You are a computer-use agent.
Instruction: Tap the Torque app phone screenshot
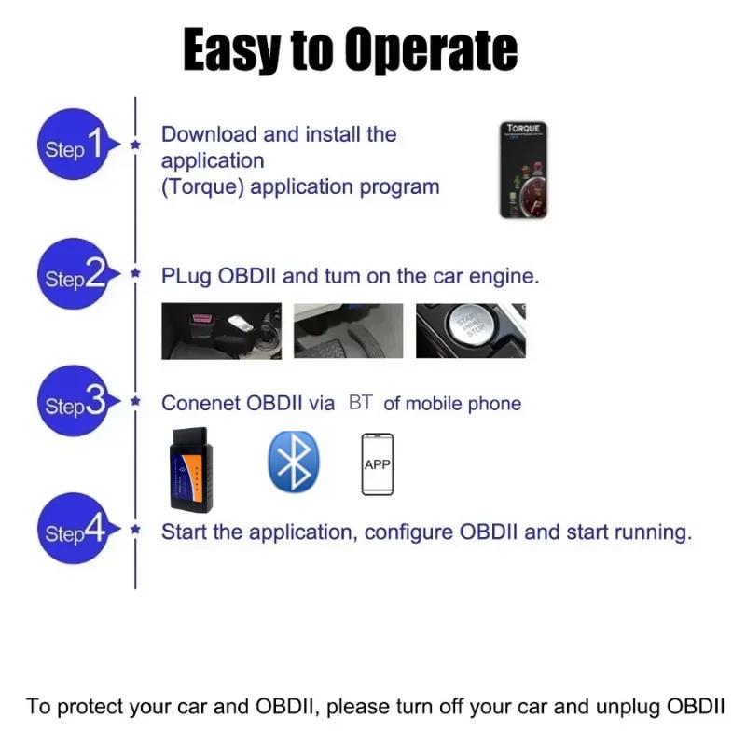pyautogui.click(x=523, y=171)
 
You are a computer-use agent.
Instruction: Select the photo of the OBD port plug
pyautogui.click(x=221, y=330)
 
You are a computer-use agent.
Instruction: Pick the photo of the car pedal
pyautogui.click(x=349, y=330)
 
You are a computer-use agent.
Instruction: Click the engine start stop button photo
pyautogui.click(x=470, y=330)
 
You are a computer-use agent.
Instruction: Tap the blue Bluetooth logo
pyautogui.click(x=294, y=462)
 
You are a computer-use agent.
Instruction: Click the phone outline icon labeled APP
pyautogui.click(x=377, y=464)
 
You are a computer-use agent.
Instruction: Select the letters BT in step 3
pyautogui.click(x=360, y=403)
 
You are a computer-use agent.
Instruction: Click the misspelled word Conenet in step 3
pyautogui.click(x=200, y=404)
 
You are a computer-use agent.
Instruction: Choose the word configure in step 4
pyautogui.click(x=408, y=532)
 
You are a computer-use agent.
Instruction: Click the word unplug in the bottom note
pyautogui.click(x=629, y=706)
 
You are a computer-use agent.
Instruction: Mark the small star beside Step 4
pyautogui.click(x=136, y=531)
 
